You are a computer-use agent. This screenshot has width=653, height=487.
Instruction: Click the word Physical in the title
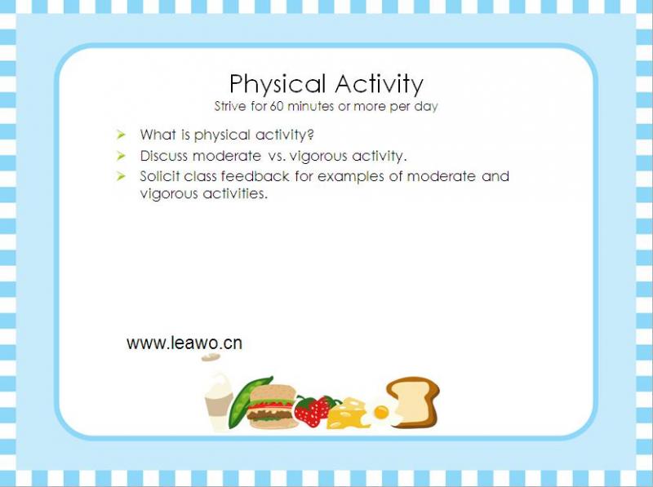(277, 85)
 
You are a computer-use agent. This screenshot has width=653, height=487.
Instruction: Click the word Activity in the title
(379, 85)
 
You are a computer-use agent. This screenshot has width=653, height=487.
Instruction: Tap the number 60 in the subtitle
(277, 106)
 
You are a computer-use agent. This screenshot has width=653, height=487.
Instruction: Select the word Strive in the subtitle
(230, 106)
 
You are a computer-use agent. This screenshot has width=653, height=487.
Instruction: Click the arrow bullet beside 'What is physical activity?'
(121, 135)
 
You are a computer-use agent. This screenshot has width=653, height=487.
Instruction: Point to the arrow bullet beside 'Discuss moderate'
(121, 156)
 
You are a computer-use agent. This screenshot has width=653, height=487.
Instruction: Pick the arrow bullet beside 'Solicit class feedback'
(121, 176)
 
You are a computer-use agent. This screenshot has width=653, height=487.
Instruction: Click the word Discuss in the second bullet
(164, 156)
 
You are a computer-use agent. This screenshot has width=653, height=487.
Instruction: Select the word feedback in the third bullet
(255, 176)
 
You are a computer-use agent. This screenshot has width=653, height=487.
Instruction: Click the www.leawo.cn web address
(184, 343)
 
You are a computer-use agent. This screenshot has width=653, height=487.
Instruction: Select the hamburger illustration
(273, 407)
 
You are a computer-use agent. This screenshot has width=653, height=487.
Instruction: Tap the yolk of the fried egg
(381, 413)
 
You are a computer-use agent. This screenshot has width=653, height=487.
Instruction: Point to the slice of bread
(414, 401)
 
